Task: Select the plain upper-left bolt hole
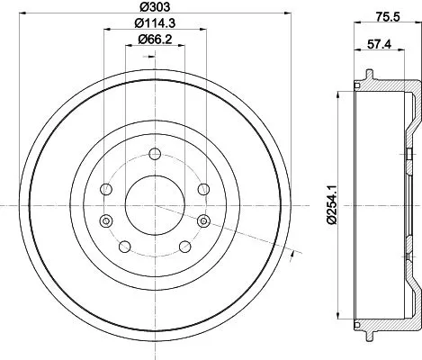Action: point(107,190)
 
